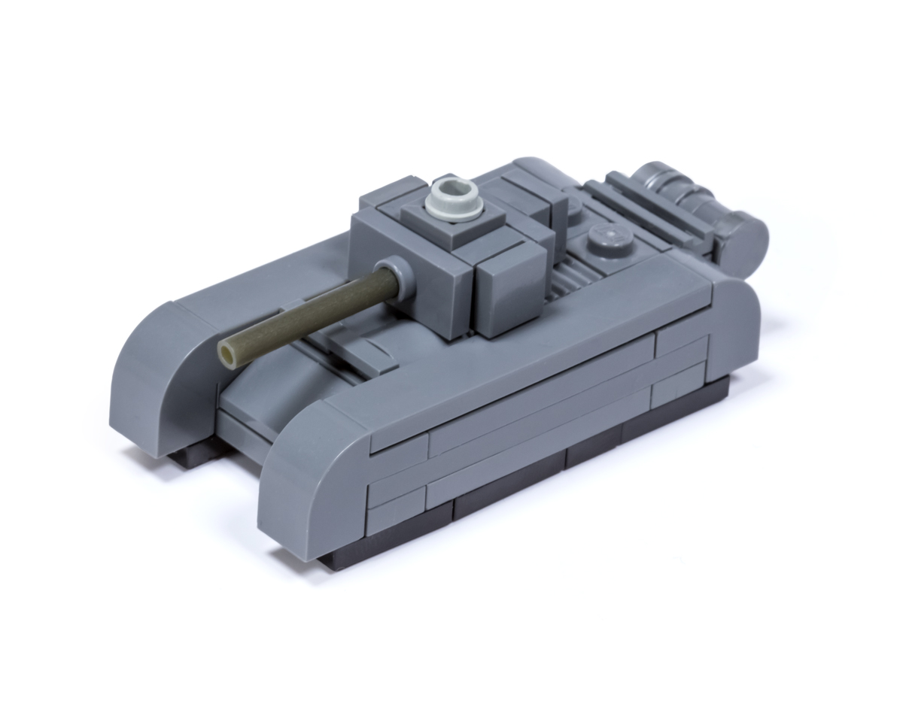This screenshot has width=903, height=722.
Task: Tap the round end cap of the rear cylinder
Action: (745, 234)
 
